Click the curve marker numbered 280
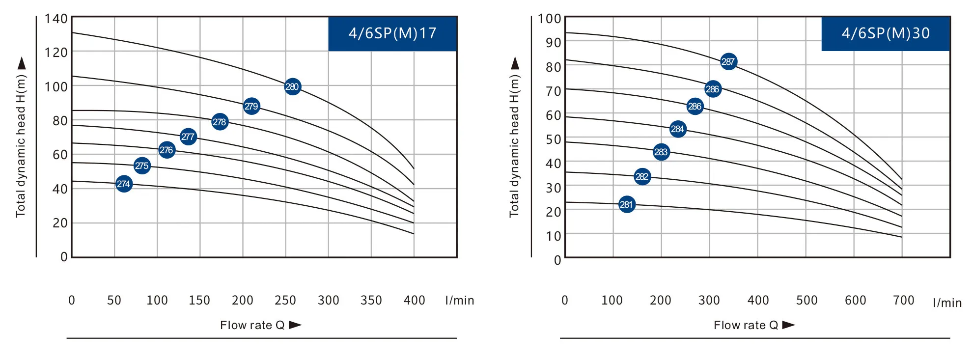292,87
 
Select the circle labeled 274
124,184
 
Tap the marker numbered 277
188,137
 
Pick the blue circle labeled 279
251,106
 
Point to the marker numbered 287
728,61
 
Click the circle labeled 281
627,204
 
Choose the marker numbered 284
678,129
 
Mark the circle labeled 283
661,152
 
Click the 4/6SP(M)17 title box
392,33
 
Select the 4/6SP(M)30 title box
886,33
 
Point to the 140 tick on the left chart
56,19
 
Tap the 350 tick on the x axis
371,300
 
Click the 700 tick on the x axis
904,300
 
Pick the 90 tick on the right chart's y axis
553,43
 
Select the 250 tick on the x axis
285,300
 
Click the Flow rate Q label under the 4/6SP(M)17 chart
252,325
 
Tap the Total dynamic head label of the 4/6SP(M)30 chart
514,146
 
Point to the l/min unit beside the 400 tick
460,300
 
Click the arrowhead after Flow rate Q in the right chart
788,325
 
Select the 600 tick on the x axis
855,300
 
